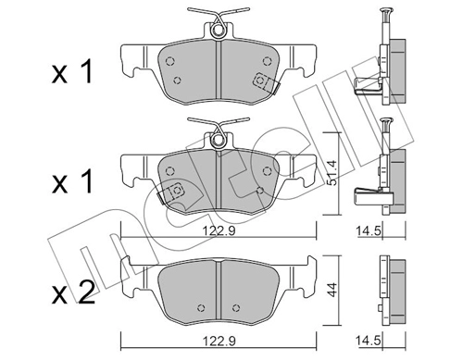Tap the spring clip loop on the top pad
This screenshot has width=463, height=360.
pos(217,31)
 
